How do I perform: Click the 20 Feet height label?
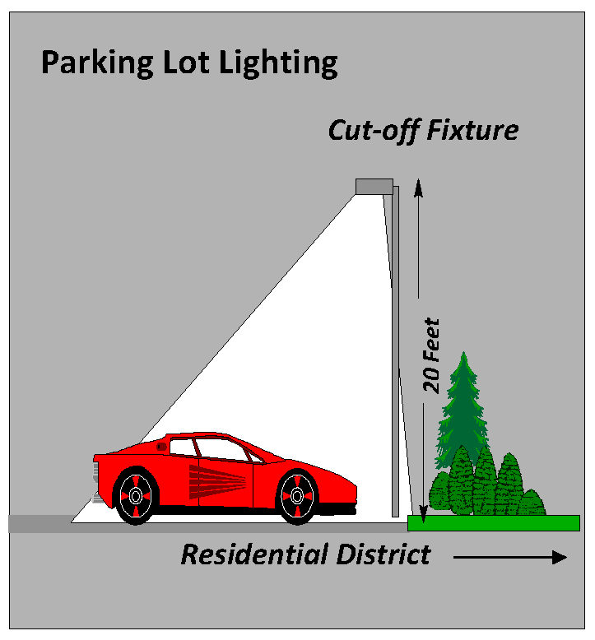point(431,355)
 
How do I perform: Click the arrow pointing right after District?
point(509,557)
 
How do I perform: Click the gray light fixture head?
point(374,187)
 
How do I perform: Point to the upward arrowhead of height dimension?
point(418,186)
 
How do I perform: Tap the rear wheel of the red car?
point(135,496)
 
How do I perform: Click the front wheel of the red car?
point(297,497)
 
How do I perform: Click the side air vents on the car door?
point(218,480)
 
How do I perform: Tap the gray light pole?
point(396,346)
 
